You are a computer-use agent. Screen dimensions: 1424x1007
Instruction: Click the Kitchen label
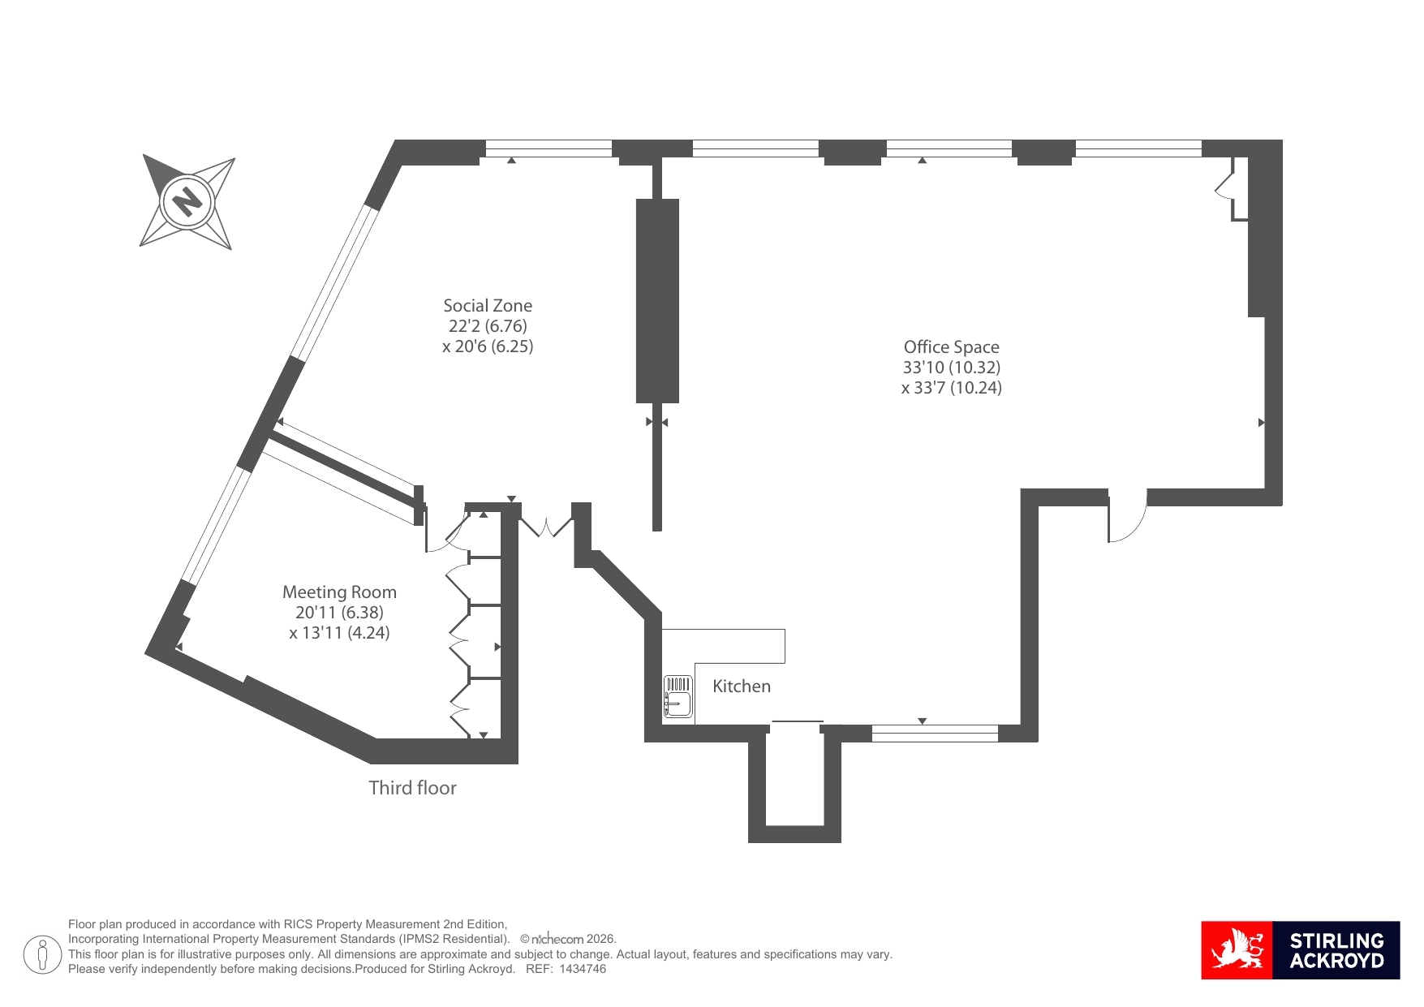coord(742,686)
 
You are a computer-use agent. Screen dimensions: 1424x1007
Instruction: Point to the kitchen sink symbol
coord(678,697)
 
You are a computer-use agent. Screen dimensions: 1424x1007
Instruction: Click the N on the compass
coord(188,200)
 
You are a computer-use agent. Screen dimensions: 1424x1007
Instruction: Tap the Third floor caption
coord(412,788)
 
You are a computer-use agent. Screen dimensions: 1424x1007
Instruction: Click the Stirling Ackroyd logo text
coord(1336,951)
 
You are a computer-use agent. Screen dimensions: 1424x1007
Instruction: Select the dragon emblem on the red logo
coord(1237,950)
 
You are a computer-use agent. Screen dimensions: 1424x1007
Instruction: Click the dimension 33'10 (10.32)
coord(951,368)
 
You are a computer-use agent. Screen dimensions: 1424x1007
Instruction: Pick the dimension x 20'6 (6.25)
coord(488,346)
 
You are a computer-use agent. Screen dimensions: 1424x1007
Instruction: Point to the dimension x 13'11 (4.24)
coord(339,633)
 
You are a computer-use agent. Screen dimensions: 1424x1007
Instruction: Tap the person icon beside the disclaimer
coord(42,954)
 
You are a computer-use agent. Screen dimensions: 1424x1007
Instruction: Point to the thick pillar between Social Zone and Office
coord(657,301)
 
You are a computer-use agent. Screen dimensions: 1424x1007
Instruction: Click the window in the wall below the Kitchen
coord(935,734)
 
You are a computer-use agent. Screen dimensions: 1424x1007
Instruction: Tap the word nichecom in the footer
coord(557,939)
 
